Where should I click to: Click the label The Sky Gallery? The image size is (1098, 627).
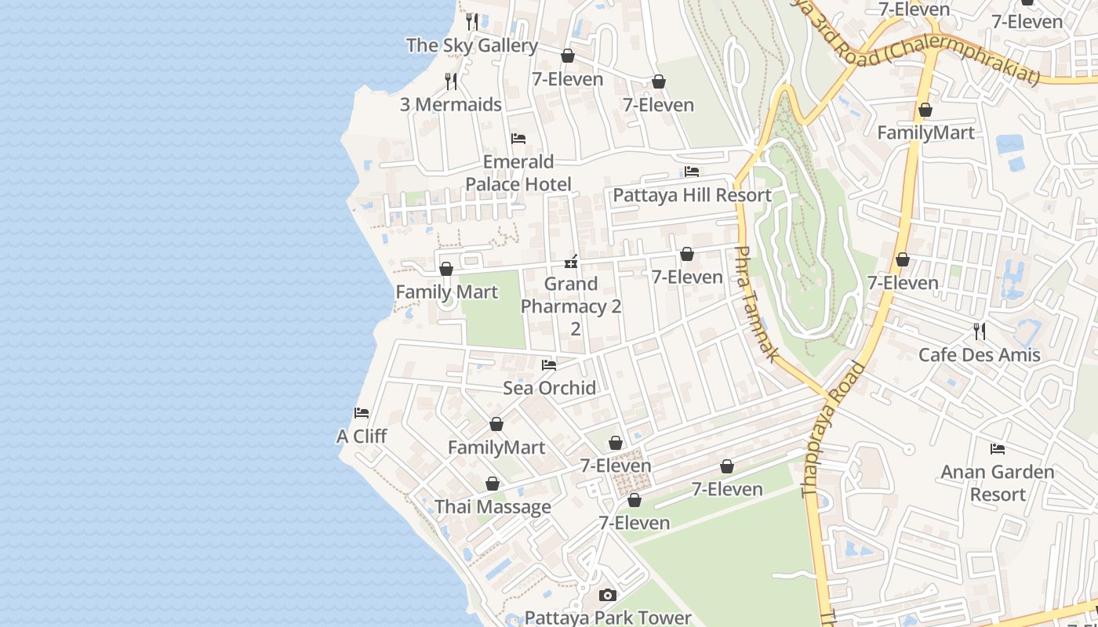pos(471,45)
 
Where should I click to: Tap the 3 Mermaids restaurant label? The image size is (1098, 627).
pos(451,104)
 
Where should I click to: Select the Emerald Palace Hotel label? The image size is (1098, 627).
pos(518,173)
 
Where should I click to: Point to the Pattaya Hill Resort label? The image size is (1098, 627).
pos(692,195)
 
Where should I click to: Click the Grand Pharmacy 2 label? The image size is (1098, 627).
pos(571,295)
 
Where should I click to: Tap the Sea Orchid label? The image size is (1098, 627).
pos(549,388)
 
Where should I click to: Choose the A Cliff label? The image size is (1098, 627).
pos(362,437)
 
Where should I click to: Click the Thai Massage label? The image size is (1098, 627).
pos(493,507)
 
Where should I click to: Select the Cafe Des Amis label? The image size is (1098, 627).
pos(979,355)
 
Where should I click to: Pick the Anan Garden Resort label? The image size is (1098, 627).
pos(997,483)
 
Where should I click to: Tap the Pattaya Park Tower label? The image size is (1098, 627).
pos(608,618)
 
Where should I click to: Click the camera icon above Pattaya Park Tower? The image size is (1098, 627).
pos(608,596)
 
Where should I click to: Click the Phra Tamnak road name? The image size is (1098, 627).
pos(756,304)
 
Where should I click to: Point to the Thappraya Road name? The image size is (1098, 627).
pos(834,429)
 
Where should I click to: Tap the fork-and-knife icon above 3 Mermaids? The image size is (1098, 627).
pos(451,81)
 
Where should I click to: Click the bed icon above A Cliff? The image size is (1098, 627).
pos(362,413)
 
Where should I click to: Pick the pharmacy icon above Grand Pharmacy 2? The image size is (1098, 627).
pos(572,262)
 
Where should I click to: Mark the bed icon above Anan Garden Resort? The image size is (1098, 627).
pos(998,449)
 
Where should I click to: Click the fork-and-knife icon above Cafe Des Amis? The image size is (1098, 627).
pos(979,331)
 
